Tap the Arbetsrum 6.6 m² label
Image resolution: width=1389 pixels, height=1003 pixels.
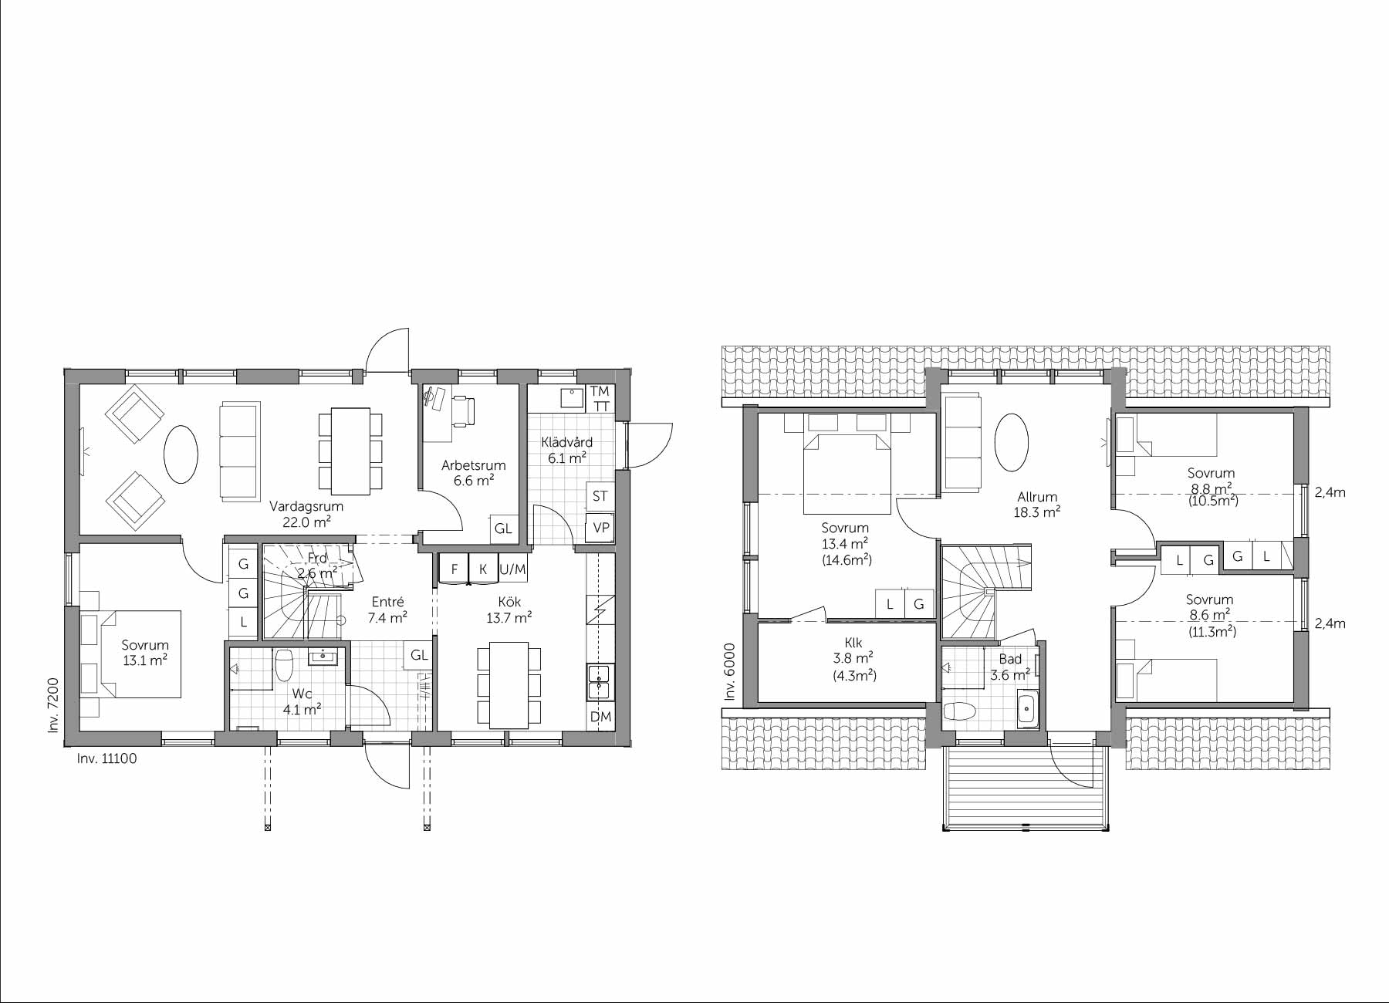click(x=473, y=472)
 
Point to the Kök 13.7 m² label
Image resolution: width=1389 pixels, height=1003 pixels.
click(x=509, y=610)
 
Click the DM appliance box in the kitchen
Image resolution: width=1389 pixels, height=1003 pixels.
click(x=600, y=717)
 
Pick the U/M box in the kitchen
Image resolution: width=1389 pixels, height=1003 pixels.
click(x=512, y=569)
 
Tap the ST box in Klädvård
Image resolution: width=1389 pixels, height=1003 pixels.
click(x=600, y=496)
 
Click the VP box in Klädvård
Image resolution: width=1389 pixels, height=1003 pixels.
click(x=600, y=529)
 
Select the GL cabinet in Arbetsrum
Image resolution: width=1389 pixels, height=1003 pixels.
click(x=503, y=529)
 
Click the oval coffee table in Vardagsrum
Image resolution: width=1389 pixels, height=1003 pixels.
click(x=181, y=454)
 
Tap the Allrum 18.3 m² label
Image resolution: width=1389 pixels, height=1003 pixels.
click(x=1036, y=504)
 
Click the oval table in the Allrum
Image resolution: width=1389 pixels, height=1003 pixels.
click(x=1011, y=442)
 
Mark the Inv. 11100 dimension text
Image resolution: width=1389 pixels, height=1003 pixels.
click(x=106, y=758)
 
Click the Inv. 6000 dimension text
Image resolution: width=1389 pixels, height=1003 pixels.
click(x=730, y=672)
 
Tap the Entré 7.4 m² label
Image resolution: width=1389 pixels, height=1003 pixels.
click(x=387, y=610)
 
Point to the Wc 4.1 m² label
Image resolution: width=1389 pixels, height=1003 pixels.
click(x=302, y=701)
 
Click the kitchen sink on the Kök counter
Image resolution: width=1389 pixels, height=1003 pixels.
click(x=600, y=681)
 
